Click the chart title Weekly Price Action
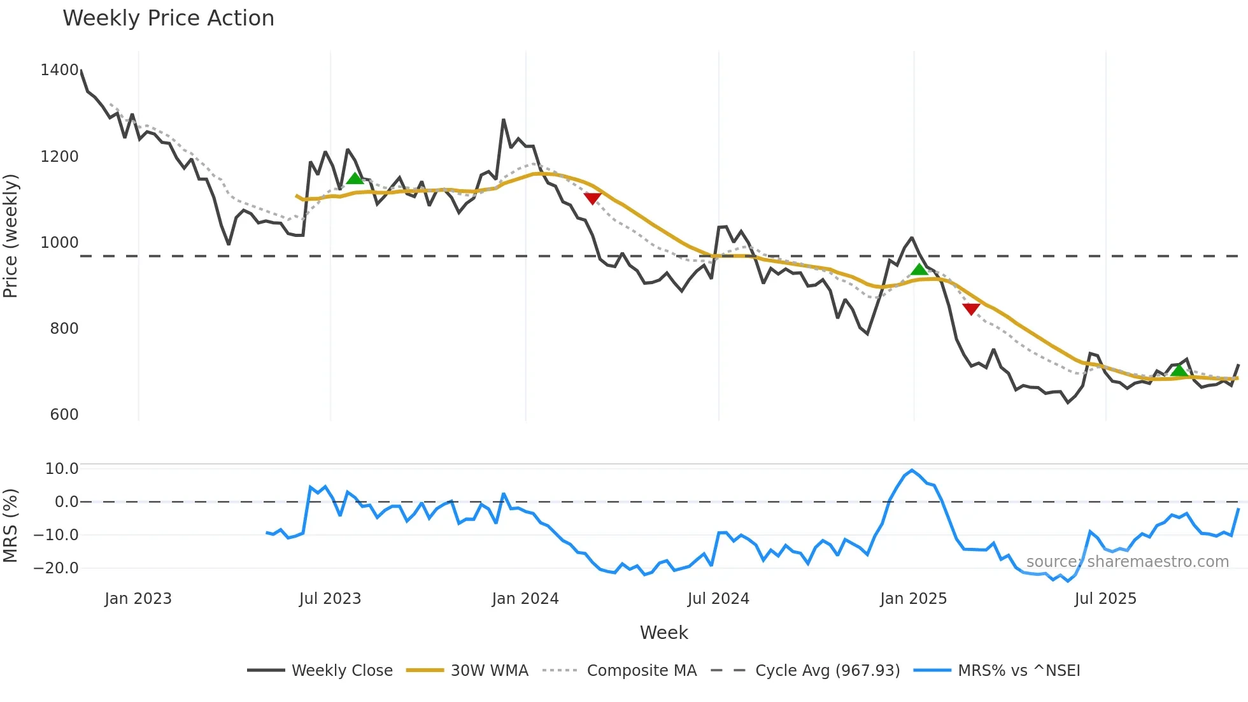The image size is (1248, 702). tap(168, 18)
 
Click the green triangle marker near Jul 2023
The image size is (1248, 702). tap(355, 178)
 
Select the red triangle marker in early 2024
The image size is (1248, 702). tap(592, 199)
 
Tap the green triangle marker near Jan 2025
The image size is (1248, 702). tap(919, 269)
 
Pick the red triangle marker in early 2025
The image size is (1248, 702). tap(971, 309)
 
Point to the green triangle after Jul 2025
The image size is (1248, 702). tap(1179, 371)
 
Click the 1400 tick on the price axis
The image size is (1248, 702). tap(59, 70)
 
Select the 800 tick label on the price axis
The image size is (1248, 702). tap(64, 329)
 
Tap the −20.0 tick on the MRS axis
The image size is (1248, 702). tap(56, 568)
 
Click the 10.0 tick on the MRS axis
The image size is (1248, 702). tap(61, 469)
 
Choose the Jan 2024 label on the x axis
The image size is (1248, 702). tap(525, 599)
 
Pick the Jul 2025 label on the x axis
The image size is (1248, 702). tap(1105, 599)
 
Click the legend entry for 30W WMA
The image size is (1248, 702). tap(489, 671)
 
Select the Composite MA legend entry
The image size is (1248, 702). tap(641, 671)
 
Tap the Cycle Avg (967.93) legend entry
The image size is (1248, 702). tap(827, 671)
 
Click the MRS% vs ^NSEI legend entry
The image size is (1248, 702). tap(1019, 671)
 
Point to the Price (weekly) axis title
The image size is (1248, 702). tap(11, 236)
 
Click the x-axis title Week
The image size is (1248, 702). tap(663, 633)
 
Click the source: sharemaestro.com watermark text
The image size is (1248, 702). tap(1127, 562)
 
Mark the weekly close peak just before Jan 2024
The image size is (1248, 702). tap(504, 120)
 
